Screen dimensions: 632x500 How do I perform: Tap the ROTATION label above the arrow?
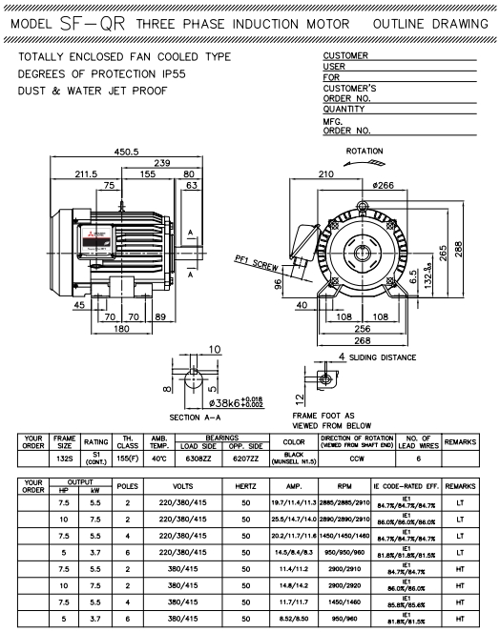point(365,152)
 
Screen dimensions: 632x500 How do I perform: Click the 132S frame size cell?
point(65,457)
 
